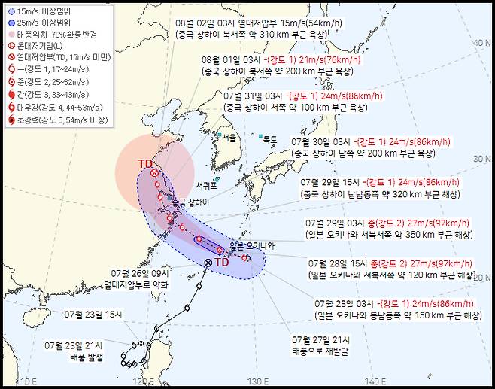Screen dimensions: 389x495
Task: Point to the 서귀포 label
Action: point(206,184)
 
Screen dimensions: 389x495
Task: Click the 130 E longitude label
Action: point(259,381)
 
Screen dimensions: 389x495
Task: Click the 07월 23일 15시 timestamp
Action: point(92,314)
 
